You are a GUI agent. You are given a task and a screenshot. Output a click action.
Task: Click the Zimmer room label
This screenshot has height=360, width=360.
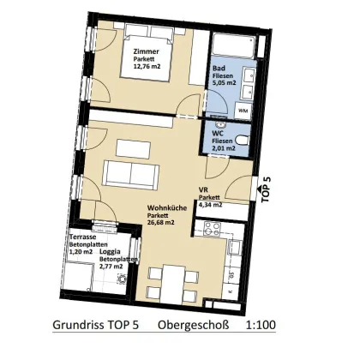point(146,51)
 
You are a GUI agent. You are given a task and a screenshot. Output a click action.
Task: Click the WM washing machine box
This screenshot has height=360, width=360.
point(243,111)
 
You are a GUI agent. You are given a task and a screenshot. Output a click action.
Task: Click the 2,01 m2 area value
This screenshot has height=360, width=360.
point(224,149)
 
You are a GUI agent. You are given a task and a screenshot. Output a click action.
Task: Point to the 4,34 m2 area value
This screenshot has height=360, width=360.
point(211,205)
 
